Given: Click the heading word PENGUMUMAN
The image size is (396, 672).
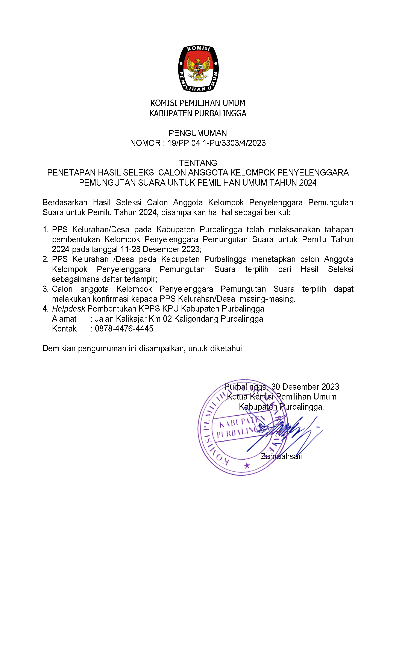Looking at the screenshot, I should point(198,133).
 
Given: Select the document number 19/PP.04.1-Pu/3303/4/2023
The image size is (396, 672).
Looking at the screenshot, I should point(216,143).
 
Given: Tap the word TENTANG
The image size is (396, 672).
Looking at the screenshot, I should point(198,163).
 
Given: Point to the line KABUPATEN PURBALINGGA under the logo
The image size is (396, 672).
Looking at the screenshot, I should point(198,113).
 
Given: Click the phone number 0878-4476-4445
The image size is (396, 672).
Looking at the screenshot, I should point(124,328).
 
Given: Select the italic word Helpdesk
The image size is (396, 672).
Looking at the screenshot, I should point(69,309).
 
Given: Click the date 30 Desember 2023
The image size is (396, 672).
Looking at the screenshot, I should point(305,387).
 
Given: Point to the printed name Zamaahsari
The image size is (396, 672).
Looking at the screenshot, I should point(282,456).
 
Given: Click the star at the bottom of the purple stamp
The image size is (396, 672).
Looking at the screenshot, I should point(247,466).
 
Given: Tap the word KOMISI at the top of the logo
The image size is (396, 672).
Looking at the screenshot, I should point(198,48).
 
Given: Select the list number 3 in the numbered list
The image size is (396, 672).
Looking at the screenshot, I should point(45,289).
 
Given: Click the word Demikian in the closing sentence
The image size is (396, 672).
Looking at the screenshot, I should point(59,348).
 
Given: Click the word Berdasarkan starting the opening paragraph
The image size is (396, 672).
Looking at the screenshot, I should point(65,203).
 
